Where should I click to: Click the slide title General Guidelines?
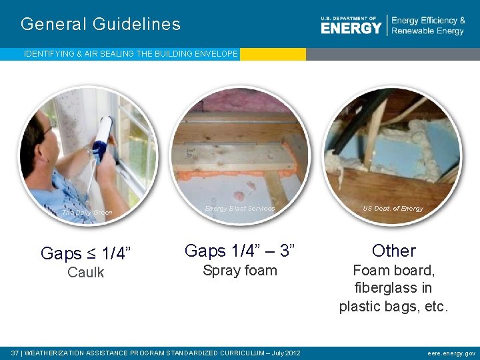[101, 25]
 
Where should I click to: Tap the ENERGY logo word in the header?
[351, 28]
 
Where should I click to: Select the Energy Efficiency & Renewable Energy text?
[428, 26]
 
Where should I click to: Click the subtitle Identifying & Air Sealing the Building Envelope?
[131, 54]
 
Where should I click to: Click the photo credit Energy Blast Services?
[239, 209]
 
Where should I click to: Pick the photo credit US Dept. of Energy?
[393, 209]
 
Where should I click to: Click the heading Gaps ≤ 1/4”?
[86, 253]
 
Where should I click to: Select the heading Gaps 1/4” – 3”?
[239, 251]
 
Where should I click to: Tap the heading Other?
[393, 251]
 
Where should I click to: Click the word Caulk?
[86, 273]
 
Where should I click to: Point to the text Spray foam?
[239, 271]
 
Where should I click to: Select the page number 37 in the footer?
[15, 353]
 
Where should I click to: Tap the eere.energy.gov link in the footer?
[451, 353]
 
